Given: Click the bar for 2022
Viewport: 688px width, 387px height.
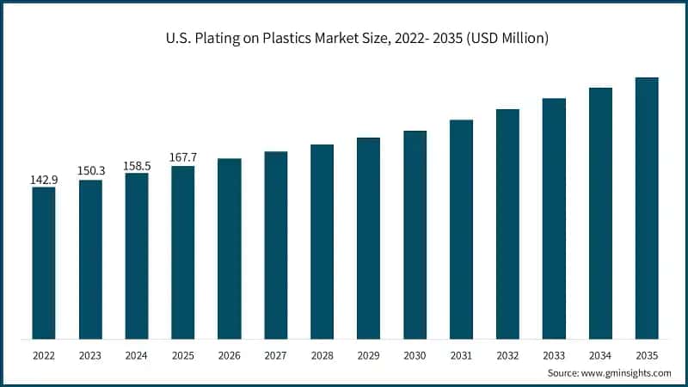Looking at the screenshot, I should click(x=44, y=262).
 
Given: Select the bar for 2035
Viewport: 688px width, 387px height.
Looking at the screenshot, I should click(x=647, y=208).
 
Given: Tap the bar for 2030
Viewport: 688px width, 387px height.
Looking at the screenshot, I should click(x=415, y=235).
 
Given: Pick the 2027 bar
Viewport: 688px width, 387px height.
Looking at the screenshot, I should click(x=276, y=245).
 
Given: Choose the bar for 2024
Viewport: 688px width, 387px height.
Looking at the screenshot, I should click(x=137, y=255).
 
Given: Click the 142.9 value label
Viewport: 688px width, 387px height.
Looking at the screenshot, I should click(x=44, y=179).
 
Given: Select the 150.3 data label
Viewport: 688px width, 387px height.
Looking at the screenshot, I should click(x=90, y=172).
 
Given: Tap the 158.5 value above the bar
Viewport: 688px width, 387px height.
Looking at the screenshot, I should click(x=137, y=165).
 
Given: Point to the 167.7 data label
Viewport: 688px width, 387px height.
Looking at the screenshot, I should click(x=183, y=158).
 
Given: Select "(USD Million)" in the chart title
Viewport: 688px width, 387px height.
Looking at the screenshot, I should click(x=507, y=39).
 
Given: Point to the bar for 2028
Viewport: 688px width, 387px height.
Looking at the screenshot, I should click(x=322, y=242).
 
